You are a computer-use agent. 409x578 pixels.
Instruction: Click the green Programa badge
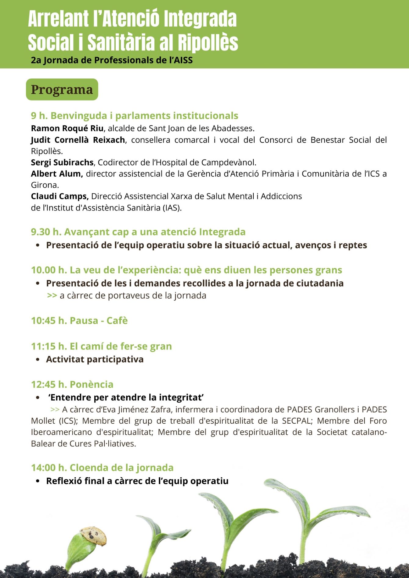pos(62,89)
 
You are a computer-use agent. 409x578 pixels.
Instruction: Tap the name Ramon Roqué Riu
pos(67,128)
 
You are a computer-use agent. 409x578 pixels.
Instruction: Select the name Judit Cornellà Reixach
pos(78,140)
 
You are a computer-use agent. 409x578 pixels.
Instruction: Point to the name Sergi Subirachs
pos(62,162)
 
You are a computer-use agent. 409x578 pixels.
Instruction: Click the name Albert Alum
pos(57,174)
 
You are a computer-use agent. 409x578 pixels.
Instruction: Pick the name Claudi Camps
pos(60,196)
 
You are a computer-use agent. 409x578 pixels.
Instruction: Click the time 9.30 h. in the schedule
pos(46,232)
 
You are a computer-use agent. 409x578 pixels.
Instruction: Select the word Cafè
pos(117,321)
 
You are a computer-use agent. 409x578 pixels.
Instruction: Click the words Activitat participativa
pos(95,359)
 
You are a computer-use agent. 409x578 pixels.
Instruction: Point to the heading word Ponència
pos(92,384)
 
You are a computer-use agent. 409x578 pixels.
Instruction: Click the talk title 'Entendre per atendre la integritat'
pos(126,397)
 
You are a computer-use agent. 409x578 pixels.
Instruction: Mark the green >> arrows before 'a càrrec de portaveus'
pos(52,296)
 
